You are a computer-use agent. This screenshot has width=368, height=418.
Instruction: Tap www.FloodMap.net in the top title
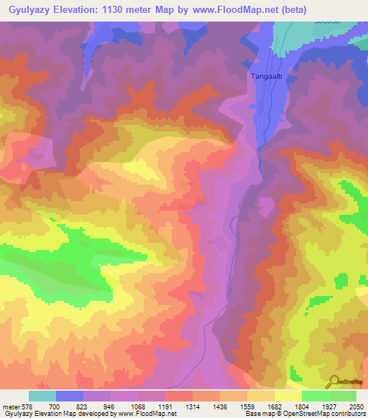pos(238,10)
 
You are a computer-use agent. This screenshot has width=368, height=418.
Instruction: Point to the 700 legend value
pos(55,407)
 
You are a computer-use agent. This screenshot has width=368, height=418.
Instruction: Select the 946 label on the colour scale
pos(109,407)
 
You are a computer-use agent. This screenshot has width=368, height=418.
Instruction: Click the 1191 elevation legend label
pos(165,407)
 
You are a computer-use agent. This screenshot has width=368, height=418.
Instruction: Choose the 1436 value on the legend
pos(219,407)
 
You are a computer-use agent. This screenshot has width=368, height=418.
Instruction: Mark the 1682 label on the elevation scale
pos(274,407)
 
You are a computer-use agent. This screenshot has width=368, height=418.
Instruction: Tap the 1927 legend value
pos(328,407)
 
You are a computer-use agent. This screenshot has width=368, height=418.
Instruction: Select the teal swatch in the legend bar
pos(42,396)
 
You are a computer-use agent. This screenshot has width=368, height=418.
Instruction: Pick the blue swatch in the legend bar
pos(69,396)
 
